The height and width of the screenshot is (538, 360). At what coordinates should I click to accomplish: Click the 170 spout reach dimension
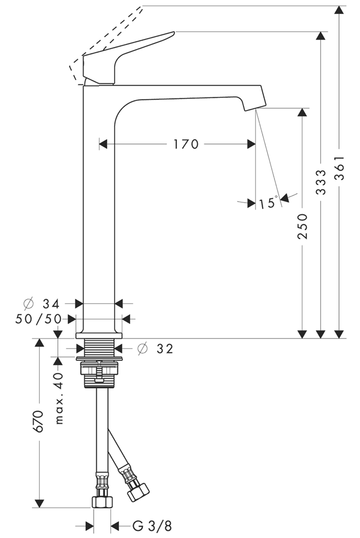click(186, 144)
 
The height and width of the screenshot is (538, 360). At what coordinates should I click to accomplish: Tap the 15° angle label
click(267, 203)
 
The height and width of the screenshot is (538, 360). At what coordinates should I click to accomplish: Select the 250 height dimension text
click(302, 226)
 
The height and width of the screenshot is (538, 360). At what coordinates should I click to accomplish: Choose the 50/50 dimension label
click(39, 319)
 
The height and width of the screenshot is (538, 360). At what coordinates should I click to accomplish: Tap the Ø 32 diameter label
click(157, 349)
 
